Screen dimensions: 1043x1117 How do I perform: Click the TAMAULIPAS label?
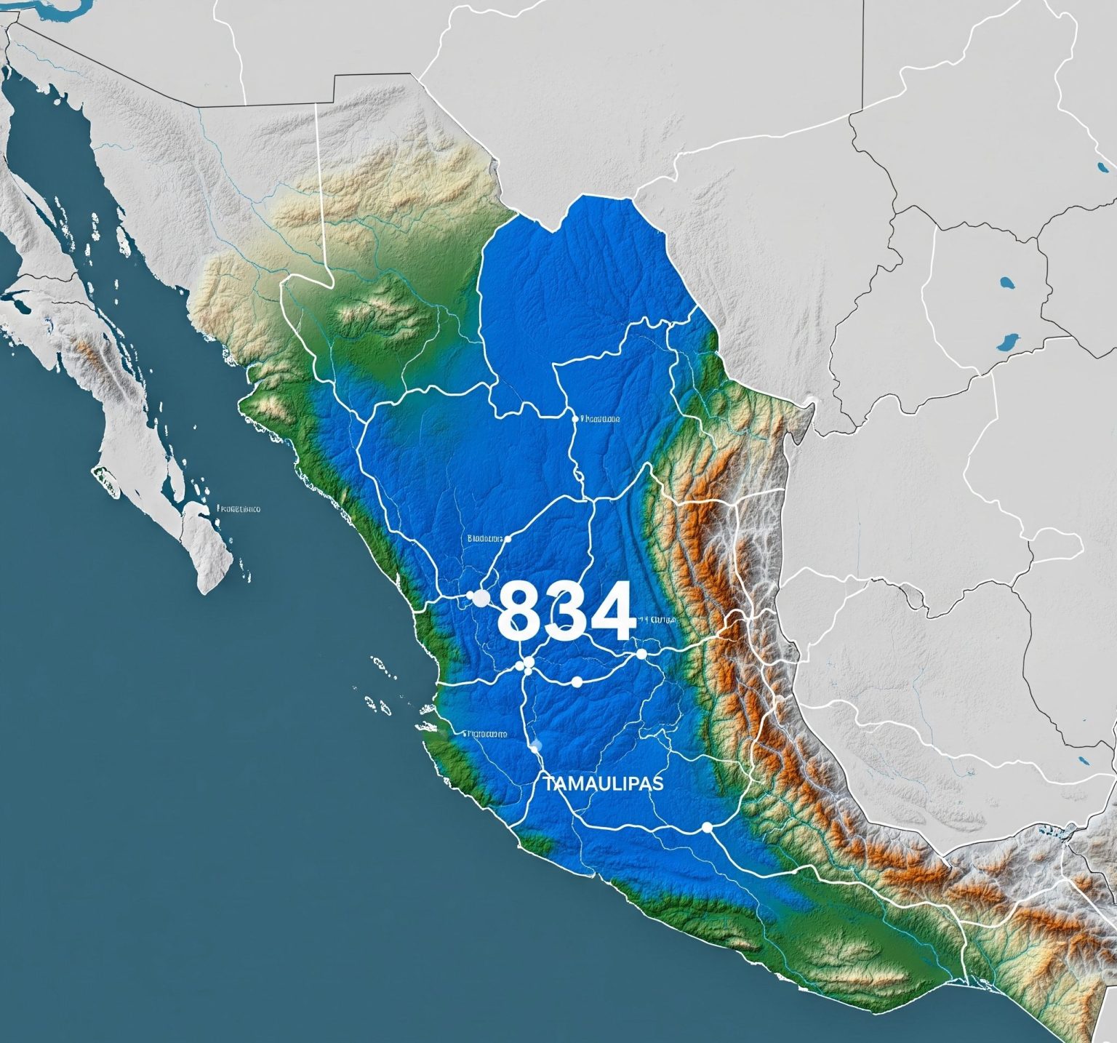[603, 783]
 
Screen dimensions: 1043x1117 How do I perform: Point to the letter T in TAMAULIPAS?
[547, 783]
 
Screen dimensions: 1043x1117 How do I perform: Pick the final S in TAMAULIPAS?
[659, 783]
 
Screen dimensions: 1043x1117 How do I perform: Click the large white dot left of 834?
[481, 598]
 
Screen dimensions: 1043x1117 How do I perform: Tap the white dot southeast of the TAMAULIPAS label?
[706, 827]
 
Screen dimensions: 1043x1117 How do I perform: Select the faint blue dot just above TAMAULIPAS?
[537, 746]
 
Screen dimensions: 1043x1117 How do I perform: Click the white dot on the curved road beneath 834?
[577, 682]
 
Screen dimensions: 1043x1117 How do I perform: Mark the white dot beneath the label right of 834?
[641, 654]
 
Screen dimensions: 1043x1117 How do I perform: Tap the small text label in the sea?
[239, 509]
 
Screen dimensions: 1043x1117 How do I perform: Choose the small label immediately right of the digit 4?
[659, 620]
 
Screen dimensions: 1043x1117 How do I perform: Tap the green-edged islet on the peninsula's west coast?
[105, 477]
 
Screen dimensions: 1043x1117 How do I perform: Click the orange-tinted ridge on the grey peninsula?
[91, 356]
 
